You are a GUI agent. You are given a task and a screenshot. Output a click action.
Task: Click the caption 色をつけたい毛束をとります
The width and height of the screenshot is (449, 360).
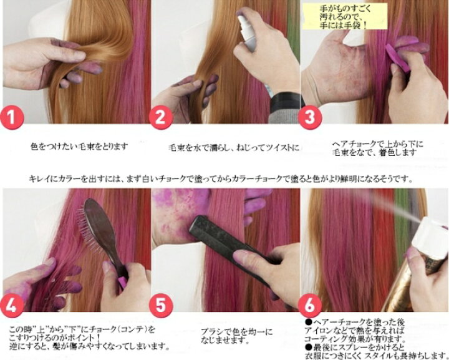(79, 147)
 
